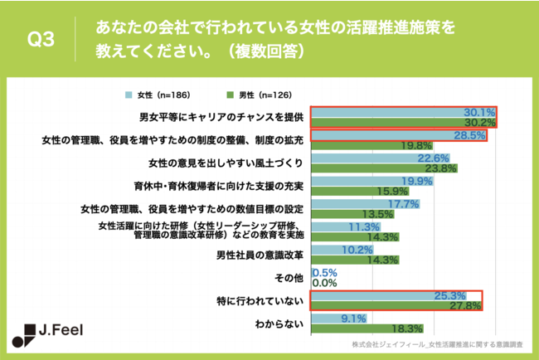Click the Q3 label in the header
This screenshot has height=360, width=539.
[41, 40]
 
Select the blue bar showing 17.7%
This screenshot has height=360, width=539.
[352, 204]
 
